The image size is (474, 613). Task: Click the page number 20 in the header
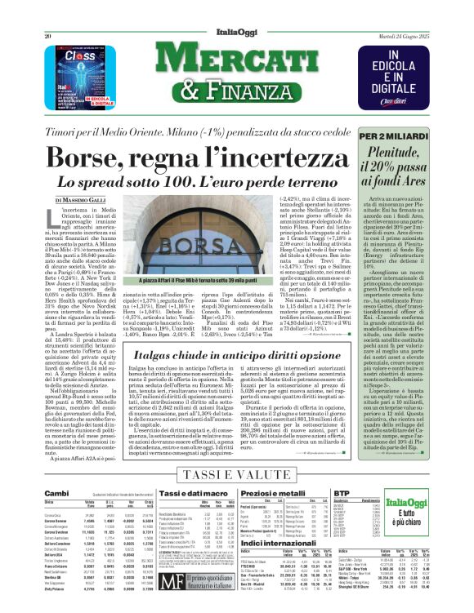49,37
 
